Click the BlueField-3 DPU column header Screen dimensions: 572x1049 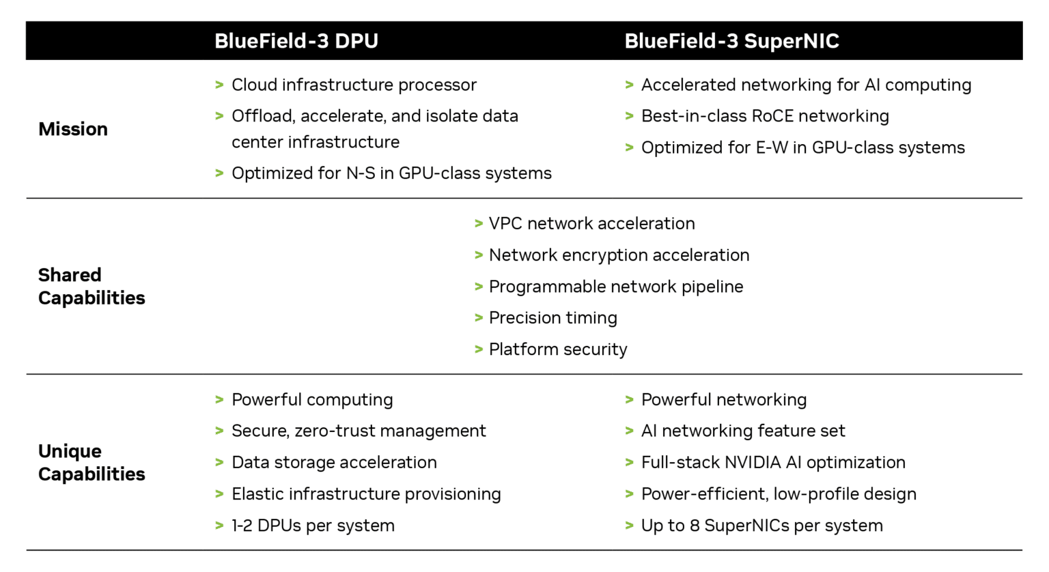pos(296,41)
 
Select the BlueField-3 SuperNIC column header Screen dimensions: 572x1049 pos(731,41)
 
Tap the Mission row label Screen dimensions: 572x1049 pos(73,129)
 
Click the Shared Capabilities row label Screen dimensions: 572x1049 pos(92,286)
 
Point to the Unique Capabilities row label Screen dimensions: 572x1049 pos(92,462)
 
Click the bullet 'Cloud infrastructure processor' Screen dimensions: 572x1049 pos(354,85)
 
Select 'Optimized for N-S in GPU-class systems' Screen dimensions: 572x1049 pos(391,173)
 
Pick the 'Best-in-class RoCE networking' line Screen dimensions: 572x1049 pos(765,116)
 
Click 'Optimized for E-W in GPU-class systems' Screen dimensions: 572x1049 pos(802,147)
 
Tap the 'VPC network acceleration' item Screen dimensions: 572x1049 pos(591,223)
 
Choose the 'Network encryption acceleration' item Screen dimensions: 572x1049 pos(619,255)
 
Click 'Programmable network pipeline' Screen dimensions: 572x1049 pos(615,287)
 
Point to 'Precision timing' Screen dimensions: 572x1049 pos(553,318)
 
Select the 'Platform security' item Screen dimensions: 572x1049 pos(558,349)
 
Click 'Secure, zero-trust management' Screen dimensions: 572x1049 pos(359,431)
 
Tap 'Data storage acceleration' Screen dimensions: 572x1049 pos(334,462)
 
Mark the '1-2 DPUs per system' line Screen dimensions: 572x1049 pos(313,526)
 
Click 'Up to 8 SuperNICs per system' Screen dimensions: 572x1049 pos(761,526)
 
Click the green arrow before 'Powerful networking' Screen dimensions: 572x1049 pos(629,399)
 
